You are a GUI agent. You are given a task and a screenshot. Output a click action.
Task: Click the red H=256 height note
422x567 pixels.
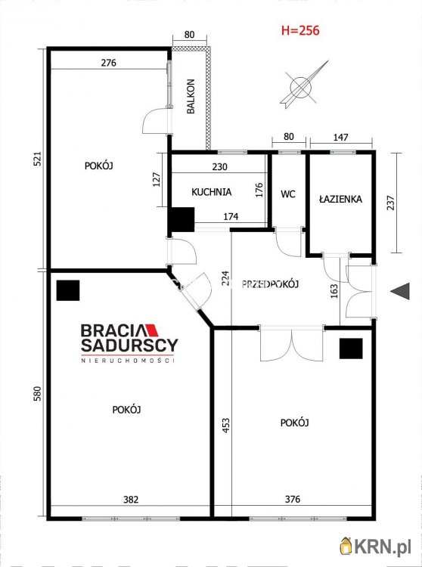300,30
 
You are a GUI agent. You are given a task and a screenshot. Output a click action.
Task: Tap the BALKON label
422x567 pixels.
191,96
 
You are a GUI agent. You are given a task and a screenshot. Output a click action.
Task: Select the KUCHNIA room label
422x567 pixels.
211,192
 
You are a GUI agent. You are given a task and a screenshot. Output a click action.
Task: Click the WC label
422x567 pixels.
288,194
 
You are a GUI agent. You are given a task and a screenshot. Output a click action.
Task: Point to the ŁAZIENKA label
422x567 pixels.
340,199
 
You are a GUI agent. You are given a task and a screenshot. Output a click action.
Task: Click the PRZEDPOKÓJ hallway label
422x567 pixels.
270,284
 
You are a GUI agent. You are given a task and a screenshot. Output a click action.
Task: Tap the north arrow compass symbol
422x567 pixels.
302,85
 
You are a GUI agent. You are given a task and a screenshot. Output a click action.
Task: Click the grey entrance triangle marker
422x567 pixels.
400,291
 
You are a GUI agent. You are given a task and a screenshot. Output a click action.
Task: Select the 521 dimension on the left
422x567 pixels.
38,159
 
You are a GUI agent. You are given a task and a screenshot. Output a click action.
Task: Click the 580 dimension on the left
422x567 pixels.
37,394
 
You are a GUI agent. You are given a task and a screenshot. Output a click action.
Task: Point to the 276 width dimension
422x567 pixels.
108,63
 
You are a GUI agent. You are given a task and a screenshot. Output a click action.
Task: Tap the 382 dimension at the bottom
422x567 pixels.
131,500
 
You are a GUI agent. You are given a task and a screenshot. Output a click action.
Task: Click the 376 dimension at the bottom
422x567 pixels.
292,499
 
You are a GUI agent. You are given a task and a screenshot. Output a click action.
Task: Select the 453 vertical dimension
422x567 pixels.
225,426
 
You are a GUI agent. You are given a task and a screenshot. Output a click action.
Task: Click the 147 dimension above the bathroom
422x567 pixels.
340,137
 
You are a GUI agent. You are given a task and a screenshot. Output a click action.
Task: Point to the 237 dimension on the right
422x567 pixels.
391,203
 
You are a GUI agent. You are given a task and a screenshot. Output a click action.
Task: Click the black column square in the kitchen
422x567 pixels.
182,219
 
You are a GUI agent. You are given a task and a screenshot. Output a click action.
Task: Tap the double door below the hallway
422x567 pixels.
291,344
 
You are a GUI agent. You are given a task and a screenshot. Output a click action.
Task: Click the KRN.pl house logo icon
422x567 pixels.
346,547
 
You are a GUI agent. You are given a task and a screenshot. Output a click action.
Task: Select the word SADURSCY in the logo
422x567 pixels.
129,345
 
